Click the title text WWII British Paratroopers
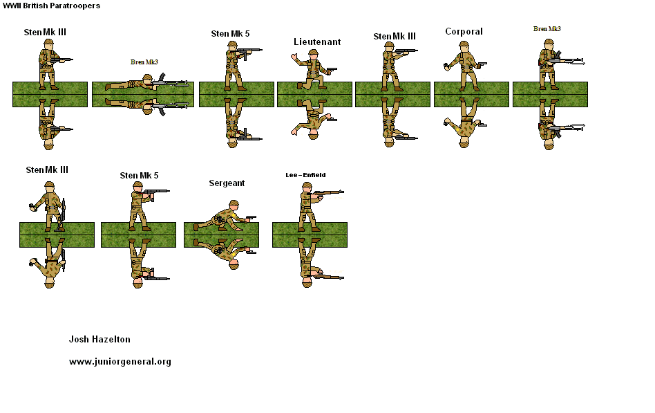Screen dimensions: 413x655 point(51,6)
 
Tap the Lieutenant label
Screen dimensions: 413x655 point(317,42)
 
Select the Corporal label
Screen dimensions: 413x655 point(464,32)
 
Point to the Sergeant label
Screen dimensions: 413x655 point(227,183)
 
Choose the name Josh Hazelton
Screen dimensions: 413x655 point(99,340)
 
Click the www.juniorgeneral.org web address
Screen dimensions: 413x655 point(120,362)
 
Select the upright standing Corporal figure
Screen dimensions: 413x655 point(464,65)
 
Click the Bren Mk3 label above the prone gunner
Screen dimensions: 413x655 point(144,62)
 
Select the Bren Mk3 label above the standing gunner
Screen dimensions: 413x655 point(547,29)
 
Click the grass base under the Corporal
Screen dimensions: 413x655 point(471,95)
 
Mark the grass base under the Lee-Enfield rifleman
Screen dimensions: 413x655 point(310,235)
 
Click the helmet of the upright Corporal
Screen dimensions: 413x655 point(464,45)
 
